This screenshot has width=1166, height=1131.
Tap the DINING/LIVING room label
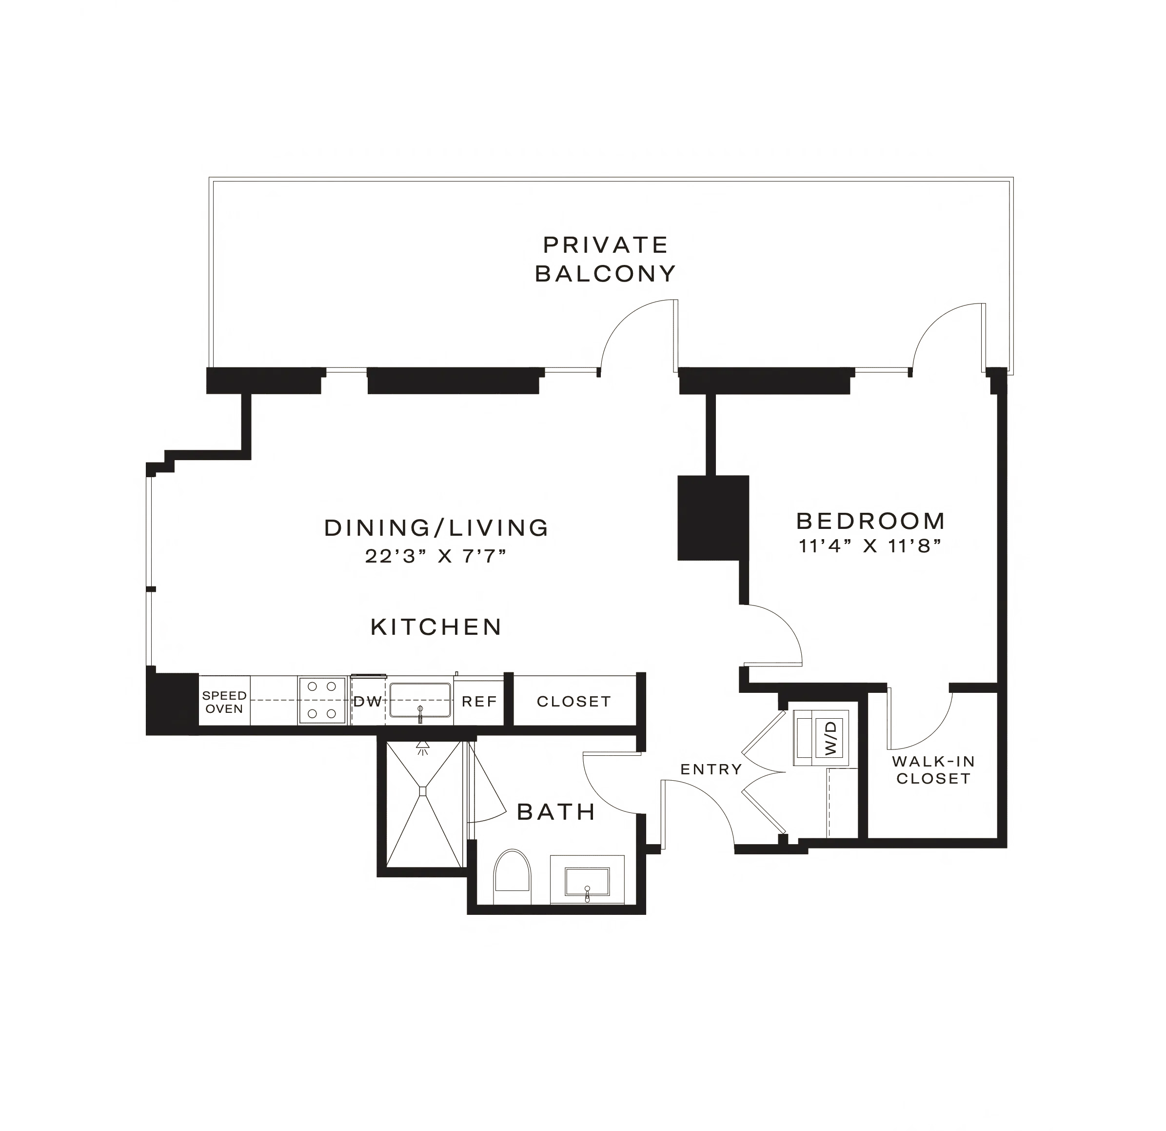[436, 527]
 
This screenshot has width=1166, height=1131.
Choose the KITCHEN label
[436, 626]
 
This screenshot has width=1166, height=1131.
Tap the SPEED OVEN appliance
[224, 702]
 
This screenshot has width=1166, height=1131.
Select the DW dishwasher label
[367, 701]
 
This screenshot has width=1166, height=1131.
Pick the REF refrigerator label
[479, 701]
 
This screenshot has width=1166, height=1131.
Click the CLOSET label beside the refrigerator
[573, 701]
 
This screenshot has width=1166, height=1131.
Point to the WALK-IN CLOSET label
[933, 769]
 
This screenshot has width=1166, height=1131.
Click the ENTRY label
[711, 769]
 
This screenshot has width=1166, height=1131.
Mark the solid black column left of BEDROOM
[712, 518]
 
